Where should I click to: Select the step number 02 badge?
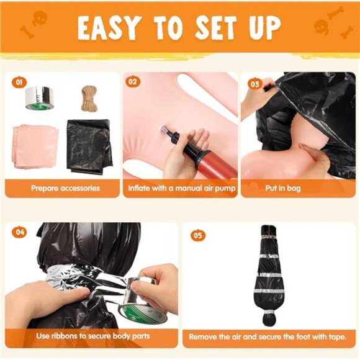click(x=132, y=82)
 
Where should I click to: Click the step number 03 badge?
click(x=255, y=84)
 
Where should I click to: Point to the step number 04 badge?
click(x=20, y=232)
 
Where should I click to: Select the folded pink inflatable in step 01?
click(x=35, y=146)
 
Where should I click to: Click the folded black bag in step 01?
click(x=89, y=147)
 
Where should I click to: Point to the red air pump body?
click(x=214, y=161)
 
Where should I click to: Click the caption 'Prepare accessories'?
click(x=65, y=188)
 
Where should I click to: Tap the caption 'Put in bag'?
click(x=283, y=188)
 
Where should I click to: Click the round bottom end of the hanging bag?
click(x=270, y=320)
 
